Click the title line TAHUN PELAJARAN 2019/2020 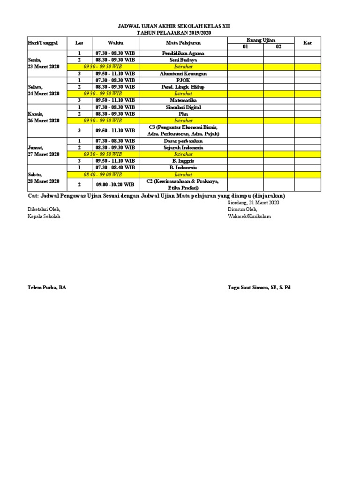pyautogui.click(x=173, y=33)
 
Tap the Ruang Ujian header pyautogui.click(x=261, y=40)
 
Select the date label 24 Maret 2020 pyautogui.click(x=44, y=93)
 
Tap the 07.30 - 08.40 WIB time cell pyautogui.click(x=115, y=167)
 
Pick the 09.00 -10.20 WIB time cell pyautogui.click(x=115, y=184)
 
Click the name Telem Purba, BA pyautogui.click(x=46, y=287)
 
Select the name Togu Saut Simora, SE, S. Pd pyautogui.click(x=259, y=287)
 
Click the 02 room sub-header pyautogui.click(x=278, y=47)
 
